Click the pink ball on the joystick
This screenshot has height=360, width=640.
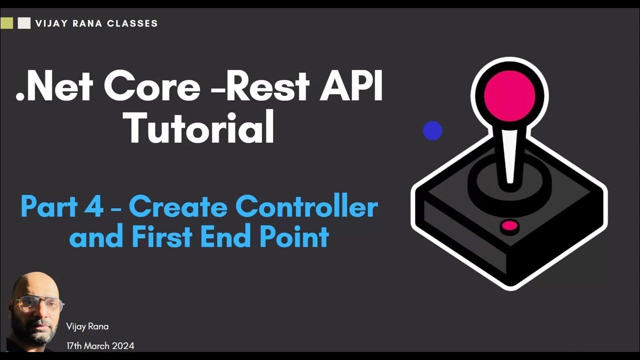tap(509, 96)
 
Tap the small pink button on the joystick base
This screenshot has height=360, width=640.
tap(509, 226)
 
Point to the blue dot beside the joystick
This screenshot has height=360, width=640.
tap(432, 131)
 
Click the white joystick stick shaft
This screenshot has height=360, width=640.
tap(510, 155)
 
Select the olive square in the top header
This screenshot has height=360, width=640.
tap(6, 23)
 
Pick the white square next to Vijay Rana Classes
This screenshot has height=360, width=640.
tap(24, 23)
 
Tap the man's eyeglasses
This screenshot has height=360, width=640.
tap(38, 304)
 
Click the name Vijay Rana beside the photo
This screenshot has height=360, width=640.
tap(87, 326)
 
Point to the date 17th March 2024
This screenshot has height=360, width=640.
tap(100, 345)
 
